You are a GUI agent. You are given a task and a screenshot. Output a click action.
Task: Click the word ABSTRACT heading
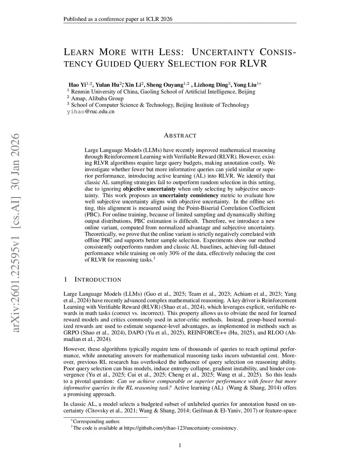tap(180, 136)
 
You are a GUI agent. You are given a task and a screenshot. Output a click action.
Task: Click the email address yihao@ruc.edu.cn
tap(91, 112)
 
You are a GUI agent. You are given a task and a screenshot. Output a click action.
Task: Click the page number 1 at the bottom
tap(180, 446)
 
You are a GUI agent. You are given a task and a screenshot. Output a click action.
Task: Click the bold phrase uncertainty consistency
tap(189, 196)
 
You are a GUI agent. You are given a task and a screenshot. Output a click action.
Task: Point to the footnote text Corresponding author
tap(96, 421)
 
